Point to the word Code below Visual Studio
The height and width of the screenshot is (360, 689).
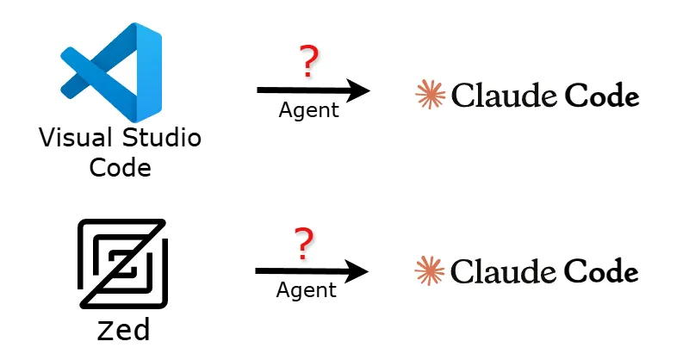[x=120, y=166]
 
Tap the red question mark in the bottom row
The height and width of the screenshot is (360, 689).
[x=303, y=245]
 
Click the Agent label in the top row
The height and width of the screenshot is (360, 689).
[x=308, y=110]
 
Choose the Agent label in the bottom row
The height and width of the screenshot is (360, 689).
[x=306, y=290]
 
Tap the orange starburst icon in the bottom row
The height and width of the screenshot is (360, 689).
[x=429, y=271]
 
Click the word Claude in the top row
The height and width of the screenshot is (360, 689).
[x=504, y=96]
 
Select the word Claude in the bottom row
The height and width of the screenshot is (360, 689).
[x=503, y=272]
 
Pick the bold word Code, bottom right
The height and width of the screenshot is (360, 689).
[x=602, y=272]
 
